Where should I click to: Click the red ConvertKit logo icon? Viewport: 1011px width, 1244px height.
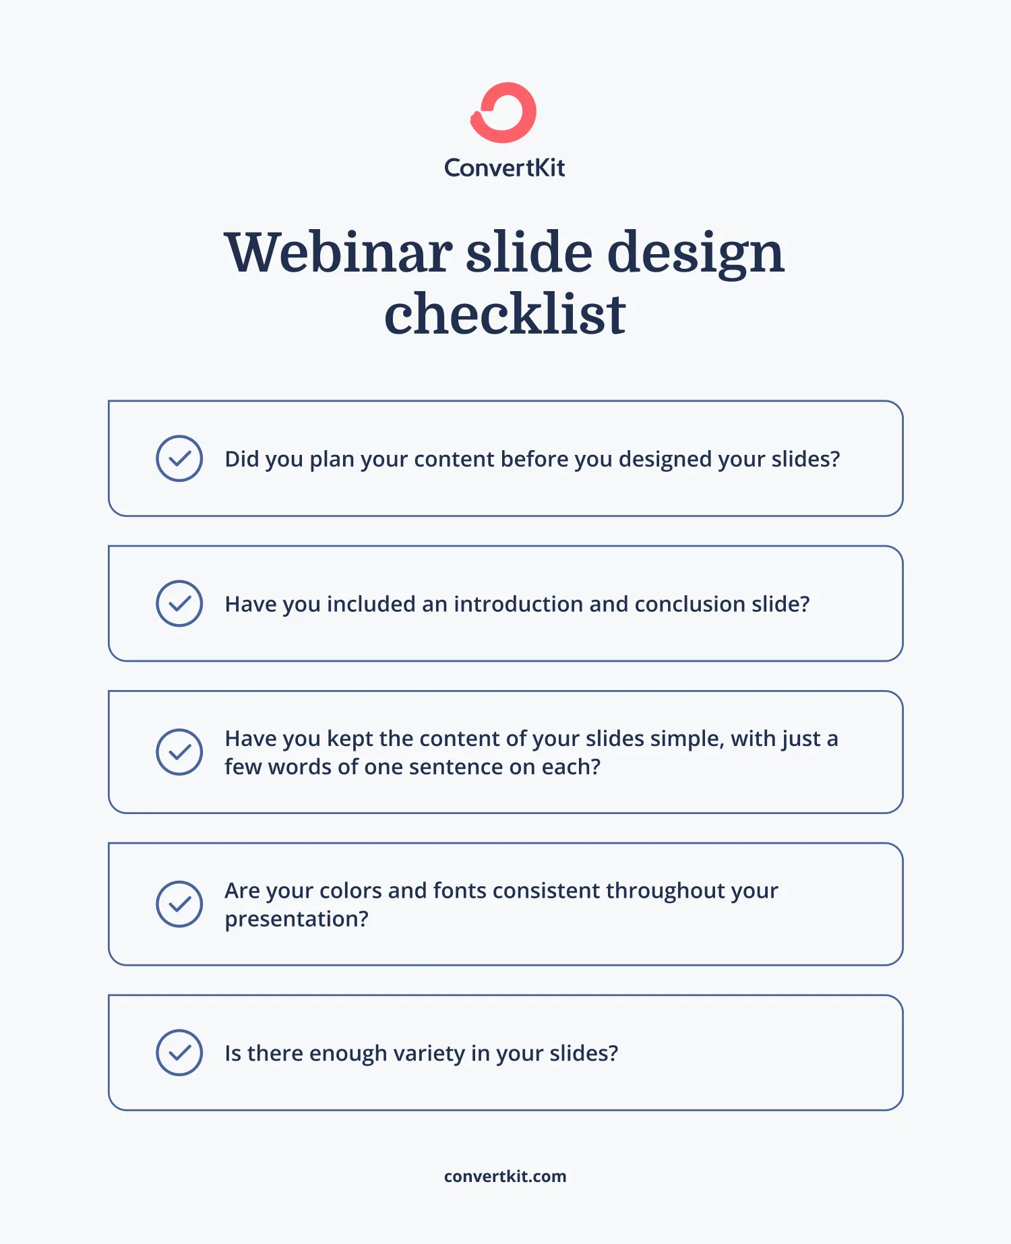click(x=503, y=113)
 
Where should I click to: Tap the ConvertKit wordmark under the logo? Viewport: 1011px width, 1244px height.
click(x=504, y=168)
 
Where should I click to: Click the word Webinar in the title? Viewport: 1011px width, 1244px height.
click(x=338, y=253)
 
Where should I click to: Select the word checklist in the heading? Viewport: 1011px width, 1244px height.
click(x=505, y=315)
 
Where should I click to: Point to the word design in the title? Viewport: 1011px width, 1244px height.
click(x=696, y=253)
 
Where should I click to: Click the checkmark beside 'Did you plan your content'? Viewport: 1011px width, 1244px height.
click(x=179, y=458)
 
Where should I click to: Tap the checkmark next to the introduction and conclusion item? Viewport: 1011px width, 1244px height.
click(x=179, y=603)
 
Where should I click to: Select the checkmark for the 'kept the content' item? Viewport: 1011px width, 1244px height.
click(x=179, y=752)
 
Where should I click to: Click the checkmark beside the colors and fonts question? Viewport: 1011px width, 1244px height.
click(x=179, y=904)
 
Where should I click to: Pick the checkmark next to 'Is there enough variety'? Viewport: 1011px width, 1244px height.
click(x=179, y=1053)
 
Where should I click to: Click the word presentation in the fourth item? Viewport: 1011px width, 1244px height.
click(x=296, y=919)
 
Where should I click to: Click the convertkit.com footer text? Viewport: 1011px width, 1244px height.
click(x=505, y=1177)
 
